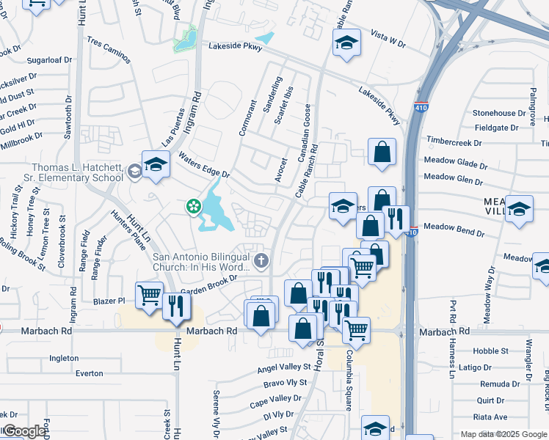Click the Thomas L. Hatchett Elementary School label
tap(77, 172)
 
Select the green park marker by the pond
tap(194, 207)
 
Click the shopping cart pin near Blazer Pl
tap(150, 296)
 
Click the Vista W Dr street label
tap(388, 44)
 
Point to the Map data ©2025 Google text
tap(502, 434)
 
